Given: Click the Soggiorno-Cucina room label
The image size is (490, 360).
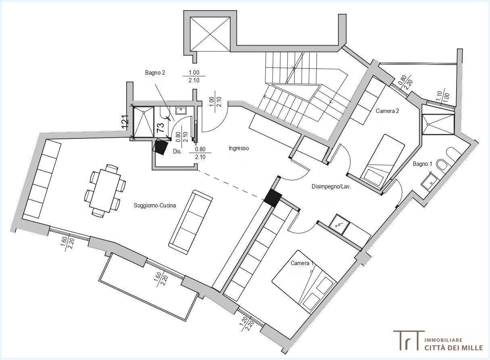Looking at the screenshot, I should click(155, 205).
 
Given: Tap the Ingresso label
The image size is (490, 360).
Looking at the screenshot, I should click(239, 149).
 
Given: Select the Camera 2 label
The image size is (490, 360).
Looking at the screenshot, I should click(387, 111).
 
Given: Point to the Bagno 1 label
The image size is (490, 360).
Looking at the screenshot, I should click(422, 164).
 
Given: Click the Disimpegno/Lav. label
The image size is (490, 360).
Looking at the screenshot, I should click(332, 186).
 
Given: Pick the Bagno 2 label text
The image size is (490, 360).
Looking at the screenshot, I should click(155, 73).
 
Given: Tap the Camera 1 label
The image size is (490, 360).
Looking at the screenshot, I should click(302, 263).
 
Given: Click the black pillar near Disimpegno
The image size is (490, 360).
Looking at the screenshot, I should click(273, 198).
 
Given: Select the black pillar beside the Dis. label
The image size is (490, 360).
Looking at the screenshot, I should click(161, 147).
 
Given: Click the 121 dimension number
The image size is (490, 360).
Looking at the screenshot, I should click(125, 121).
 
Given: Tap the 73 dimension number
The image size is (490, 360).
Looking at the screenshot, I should click(161, 128).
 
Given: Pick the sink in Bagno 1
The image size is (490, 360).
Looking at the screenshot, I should click(430, 180).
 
